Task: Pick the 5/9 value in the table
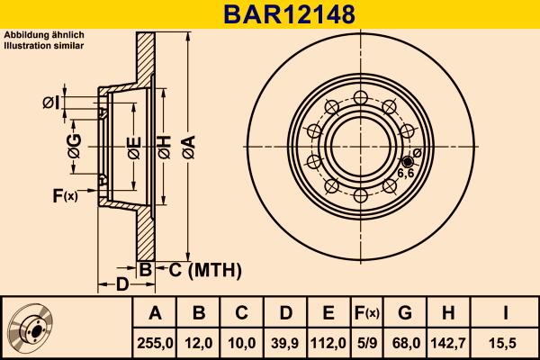(364, 343)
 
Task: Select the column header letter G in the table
(406, 313)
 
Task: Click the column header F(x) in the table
(364, 313)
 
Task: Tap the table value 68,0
(406, 343)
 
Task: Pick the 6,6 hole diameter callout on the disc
(405, 173)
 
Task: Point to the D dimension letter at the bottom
(121, 286)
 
